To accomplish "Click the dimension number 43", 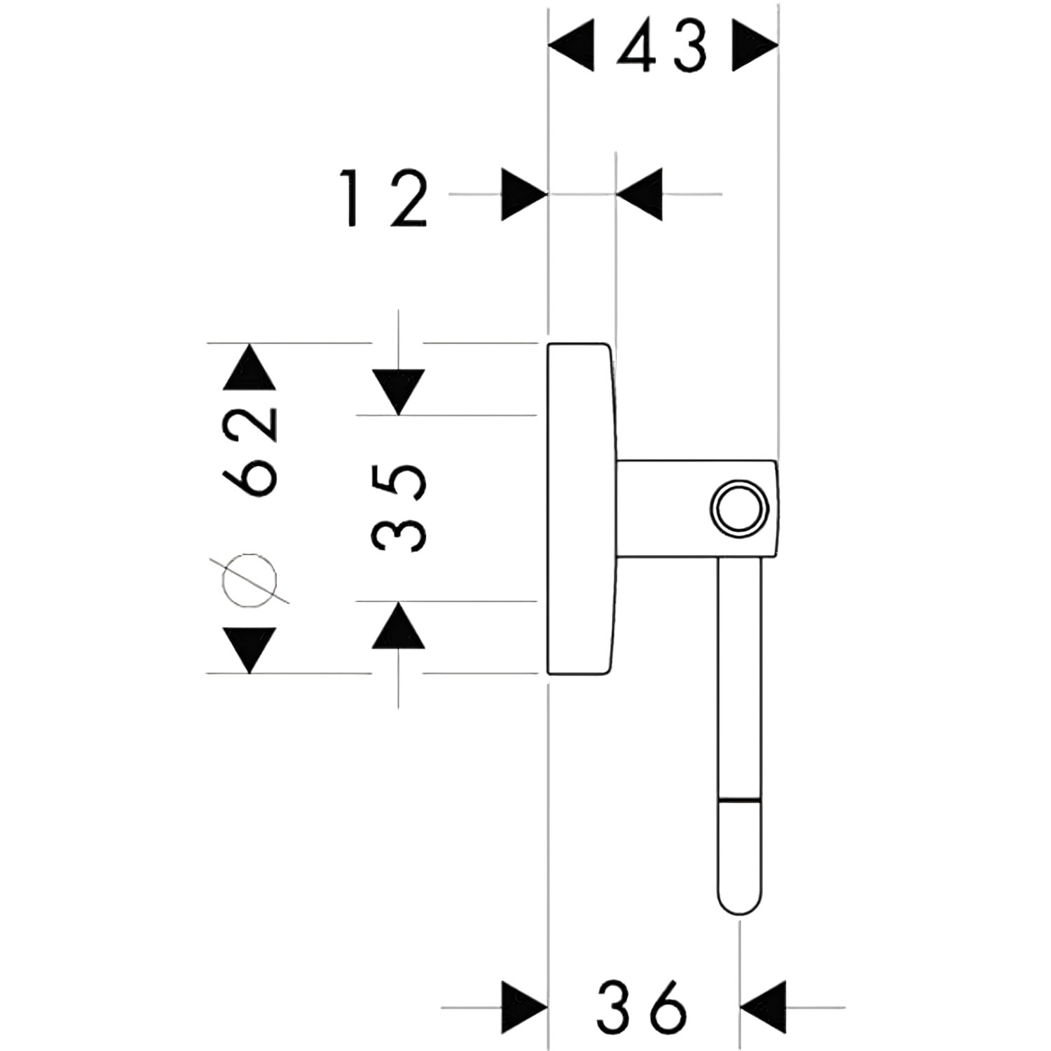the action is point(662,46).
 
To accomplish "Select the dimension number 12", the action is point(385,198).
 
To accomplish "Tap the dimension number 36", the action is point(642,1006).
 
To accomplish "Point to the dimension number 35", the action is point(399,507).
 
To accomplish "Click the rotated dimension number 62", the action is point(250,452).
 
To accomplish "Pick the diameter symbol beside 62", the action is point(249,580).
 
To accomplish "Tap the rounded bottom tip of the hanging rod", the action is point(739,910).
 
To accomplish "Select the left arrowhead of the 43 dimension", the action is point(570,46).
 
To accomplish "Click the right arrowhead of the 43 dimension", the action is point(755,46).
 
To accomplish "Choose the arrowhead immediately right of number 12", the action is point(524,194).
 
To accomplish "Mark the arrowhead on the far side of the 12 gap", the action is point(639,194).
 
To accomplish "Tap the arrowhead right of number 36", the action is point(763,1008).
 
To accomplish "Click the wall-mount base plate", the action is point(581,509).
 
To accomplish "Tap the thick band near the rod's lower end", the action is point(739,799).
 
